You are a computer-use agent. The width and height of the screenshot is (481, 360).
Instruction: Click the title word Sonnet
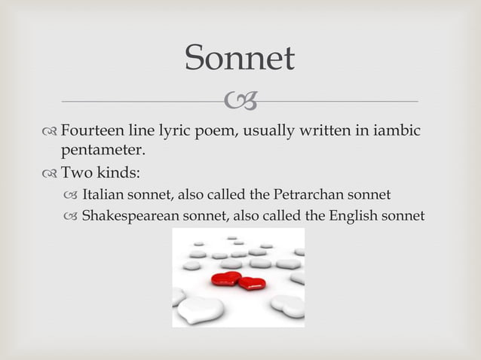pyautogui.click(x=240, y=59)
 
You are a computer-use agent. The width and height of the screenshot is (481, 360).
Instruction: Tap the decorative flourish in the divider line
pyautogui.click(x=240, y=100)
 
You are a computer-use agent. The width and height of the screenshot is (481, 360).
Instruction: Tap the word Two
pyautogui.click(x=77, y=175)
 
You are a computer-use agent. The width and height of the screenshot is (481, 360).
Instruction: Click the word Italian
pyautogui.click(x=104, y=196)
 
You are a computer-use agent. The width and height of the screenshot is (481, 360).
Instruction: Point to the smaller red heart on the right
pyautogui.click(x=252, y=284)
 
